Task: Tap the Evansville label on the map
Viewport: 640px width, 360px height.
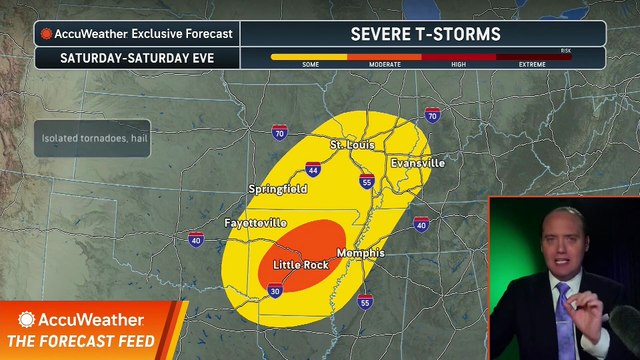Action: tap(417, 162)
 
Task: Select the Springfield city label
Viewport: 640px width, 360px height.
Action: tap(277, 189)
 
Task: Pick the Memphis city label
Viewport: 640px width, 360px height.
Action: tap(360, 254)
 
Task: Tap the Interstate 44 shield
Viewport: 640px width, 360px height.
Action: tap(314, 171)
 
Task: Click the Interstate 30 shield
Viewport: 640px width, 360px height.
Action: tap(275, 290)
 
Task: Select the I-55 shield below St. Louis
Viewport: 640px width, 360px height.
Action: tap(367, 183)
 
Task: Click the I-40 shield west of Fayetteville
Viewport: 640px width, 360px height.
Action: tap(195, 238)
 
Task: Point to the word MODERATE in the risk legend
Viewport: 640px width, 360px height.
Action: tap(384, 64)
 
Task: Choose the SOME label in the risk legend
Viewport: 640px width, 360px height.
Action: tap(309, 64)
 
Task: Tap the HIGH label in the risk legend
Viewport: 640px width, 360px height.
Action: tap(458, 64)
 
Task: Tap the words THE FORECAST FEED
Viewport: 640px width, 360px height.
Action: tap(87, 342)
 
